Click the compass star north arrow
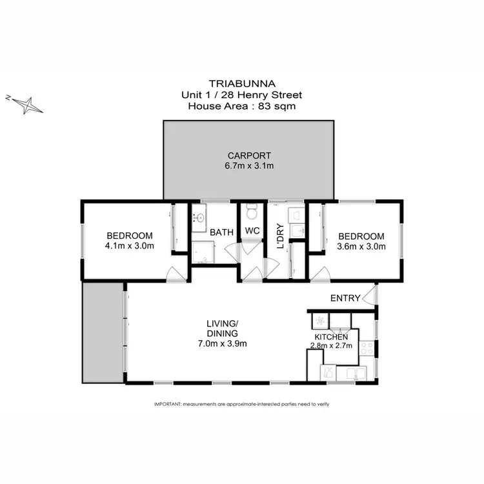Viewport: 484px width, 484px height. (x=26, y=104)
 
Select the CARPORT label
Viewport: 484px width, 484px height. (x=249, y=156)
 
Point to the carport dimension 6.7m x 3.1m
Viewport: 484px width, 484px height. (x=249, y=166)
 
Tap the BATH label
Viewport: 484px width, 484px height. (x=221, y=231)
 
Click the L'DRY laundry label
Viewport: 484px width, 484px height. (x=280, y=237)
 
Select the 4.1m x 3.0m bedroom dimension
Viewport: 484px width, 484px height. (x=130, y=246)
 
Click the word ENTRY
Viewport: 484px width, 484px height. (x=345, y=298)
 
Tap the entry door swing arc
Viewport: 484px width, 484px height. (x=369, y=296)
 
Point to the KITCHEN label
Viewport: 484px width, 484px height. (x=332, y=337)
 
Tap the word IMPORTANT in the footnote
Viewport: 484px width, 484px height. (x=168, y=404)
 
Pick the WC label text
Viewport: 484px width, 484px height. (x=252, y=231)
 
